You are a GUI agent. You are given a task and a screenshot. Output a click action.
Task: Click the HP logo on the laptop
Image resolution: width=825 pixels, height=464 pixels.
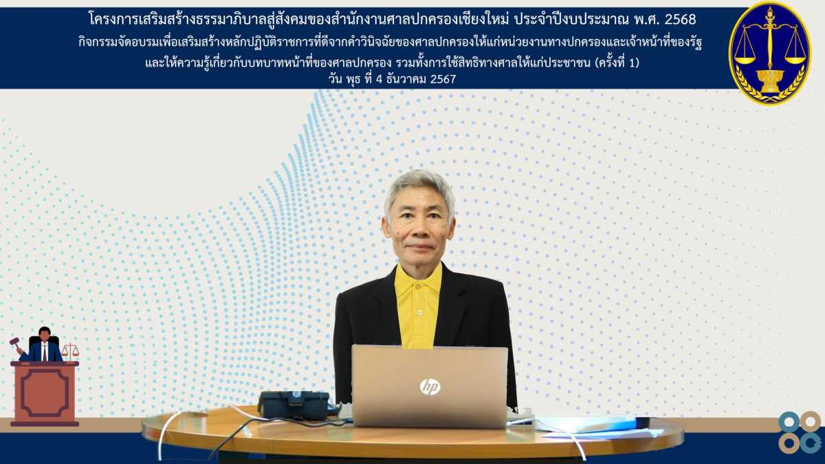[430, 386]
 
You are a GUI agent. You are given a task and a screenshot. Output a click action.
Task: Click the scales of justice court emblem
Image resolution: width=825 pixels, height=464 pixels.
[770, 53]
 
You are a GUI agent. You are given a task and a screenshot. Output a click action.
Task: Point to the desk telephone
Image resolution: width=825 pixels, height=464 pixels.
[295, 405]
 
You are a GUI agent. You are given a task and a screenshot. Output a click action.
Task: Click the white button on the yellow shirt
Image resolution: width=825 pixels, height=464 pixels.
[419, 313]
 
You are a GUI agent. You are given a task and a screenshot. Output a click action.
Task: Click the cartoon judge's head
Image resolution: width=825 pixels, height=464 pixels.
[45, 333]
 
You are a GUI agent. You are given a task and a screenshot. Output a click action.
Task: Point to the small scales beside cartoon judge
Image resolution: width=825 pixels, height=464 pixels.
[70, 351]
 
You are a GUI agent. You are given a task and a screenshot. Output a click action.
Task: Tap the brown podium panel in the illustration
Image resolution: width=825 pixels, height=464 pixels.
[45, 393]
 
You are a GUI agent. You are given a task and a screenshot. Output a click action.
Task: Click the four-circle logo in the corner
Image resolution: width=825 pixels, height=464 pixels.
[800, 432]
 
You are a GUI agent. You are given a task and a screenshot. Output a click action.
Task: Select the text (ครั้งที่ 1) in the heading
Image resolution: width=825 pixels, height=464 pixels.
[617, 63]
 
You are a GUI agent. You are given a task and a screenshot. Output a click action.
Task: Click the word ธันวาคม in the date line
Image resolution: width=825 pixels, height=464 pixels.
[404, 79]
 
